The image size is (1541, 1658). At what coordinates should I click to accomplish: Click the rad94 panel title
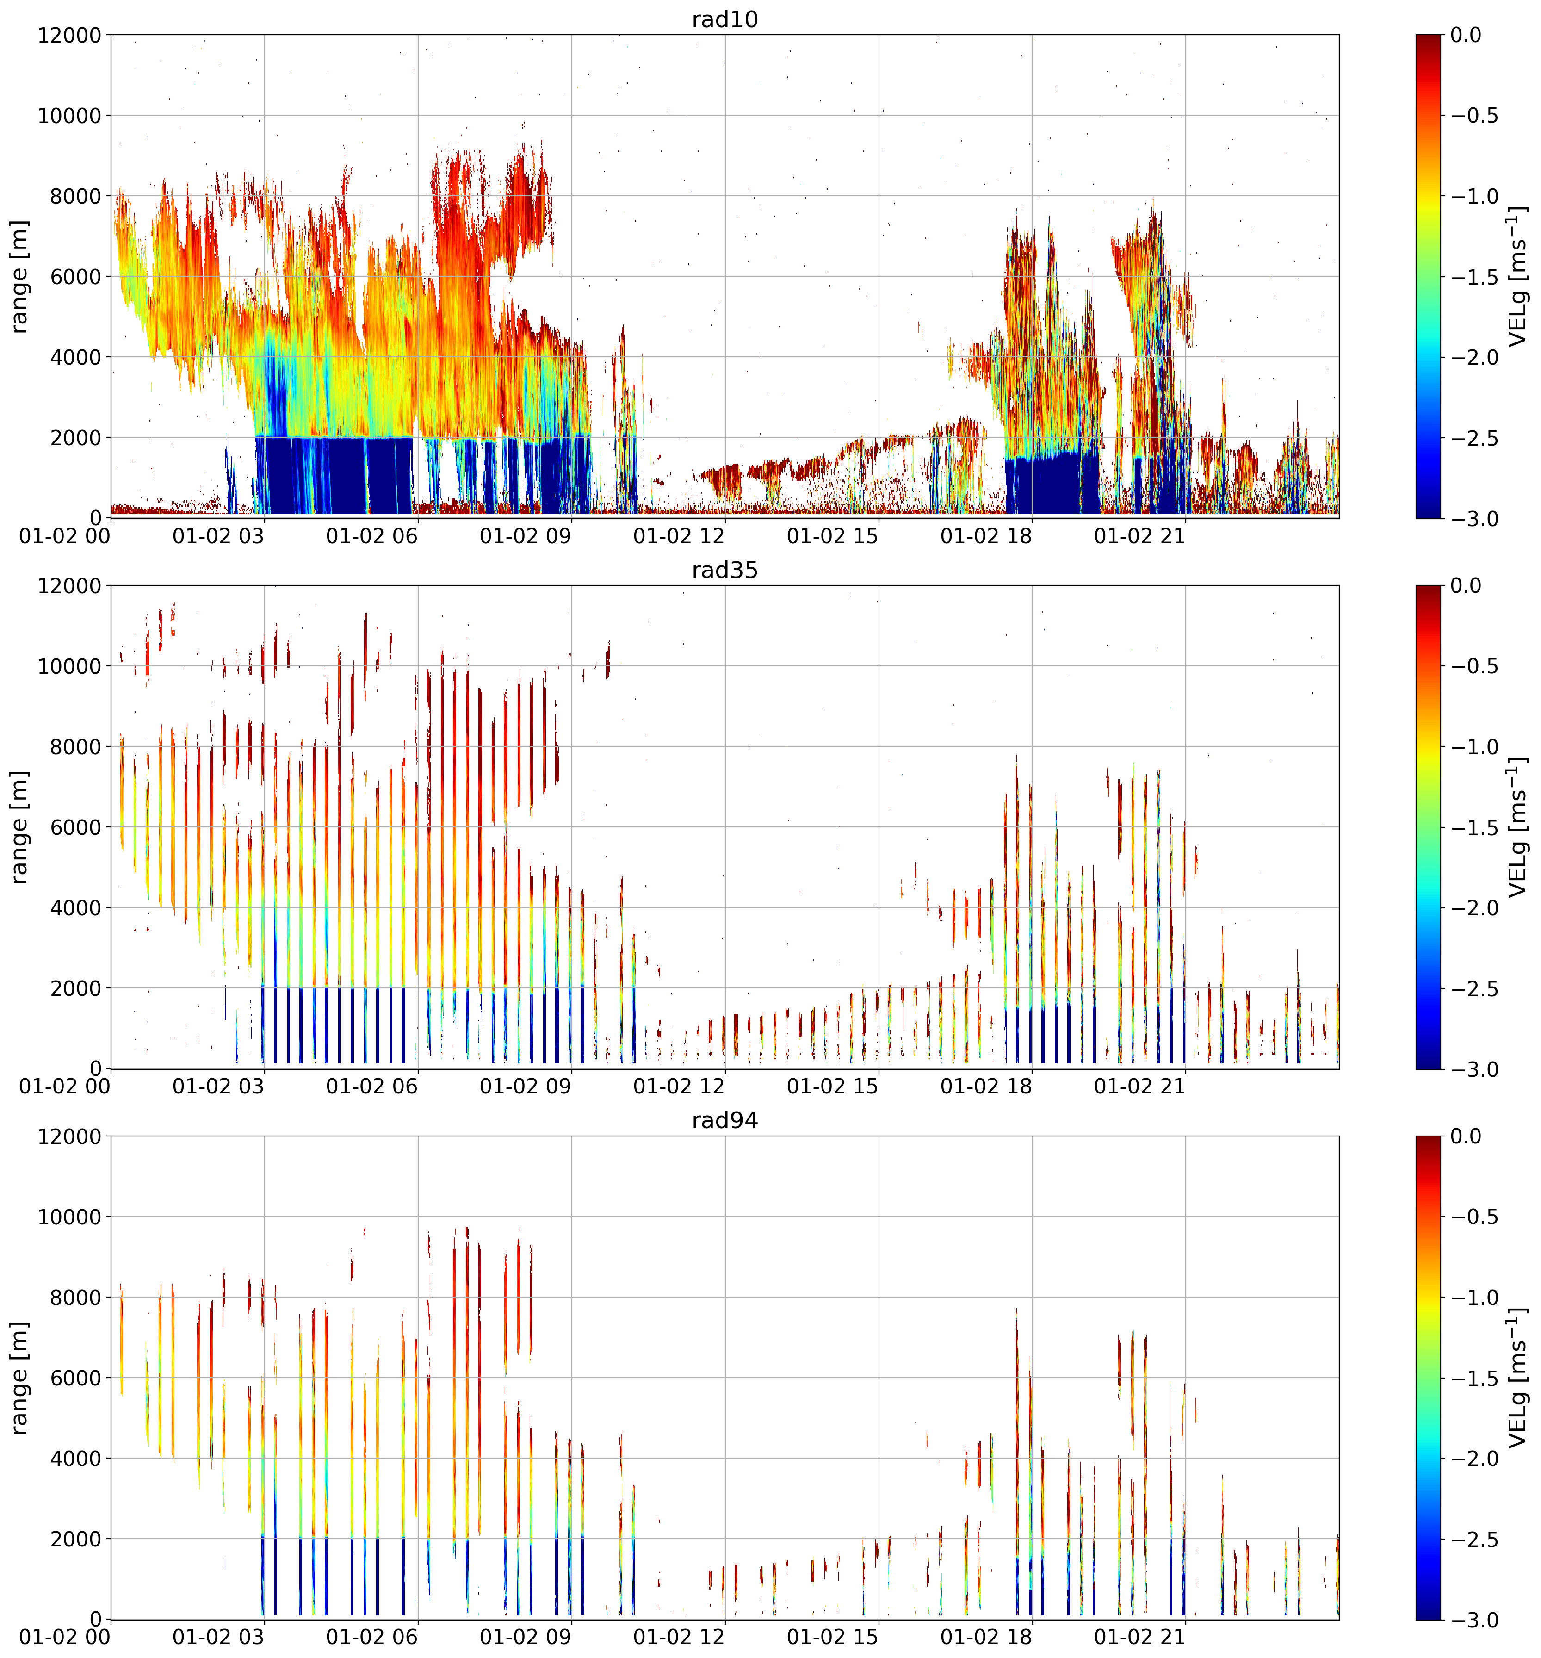[724, 1120]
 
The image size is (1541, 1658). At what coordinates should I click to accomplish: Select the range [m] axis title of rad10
[20, 276]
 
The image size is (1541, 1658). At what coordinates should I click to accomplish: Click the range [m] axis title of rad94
[20, 1377]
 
